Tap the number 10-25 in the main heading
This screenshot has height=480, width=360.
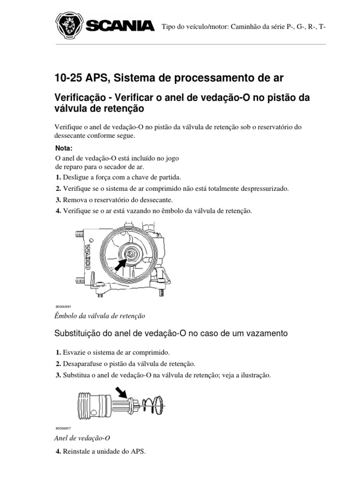[x=68, y=77]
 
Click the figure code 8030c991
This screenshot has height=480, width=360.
[x=63, y=306]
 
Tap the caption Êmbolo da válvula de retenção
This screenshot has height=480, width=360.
[x=100, y=316]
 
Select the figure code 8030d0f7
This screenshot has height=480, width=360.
[x=63, y=428]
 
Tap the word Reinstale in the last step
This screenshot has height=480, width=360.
[x=78, y=453]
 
